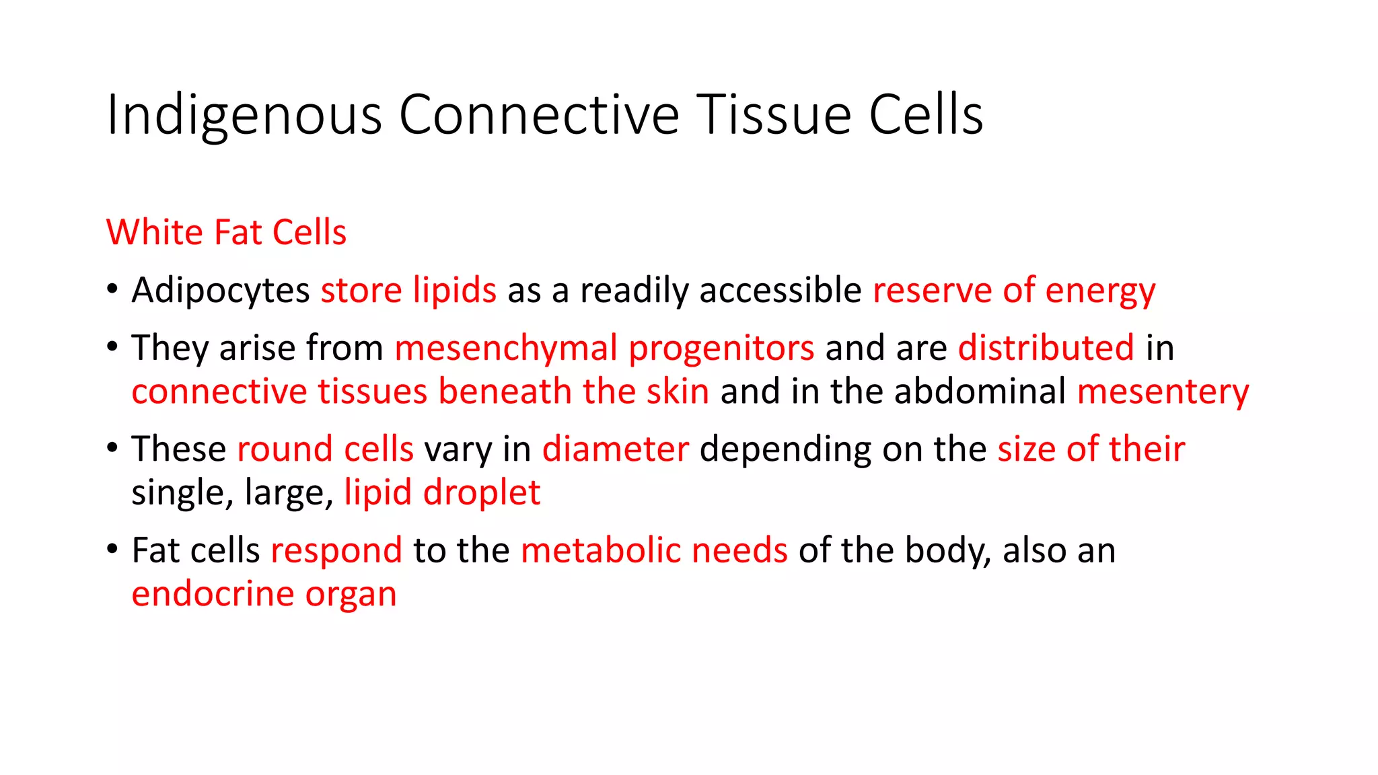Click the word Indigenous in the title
(x=244, y=116)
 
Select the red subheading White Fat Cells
(x=226, y=233)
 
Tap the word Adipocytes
(x=221, y=291)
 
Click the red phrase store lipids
(x=408, y=291)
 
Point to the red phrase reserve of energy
(x=1014, y=291)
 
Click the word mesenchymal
(x=506, y=348)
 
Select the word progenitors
(x=721, y=348)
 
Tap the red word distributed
(x=1046, y=348)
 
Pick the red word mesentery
(x=1163, y=392)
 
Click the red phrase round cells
(x=325, y=449)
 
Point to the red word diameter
(x=616, y=449)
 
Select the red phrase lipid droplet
(x=442, y=493)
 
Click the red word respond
(x=336, y=551)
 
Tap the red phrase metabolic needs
(x=654, y=551)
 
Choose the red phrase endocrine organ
(x=264, y=595)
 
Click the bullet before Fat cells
(x=112, y=550)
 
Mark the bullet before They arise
(x=112, y=347)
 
